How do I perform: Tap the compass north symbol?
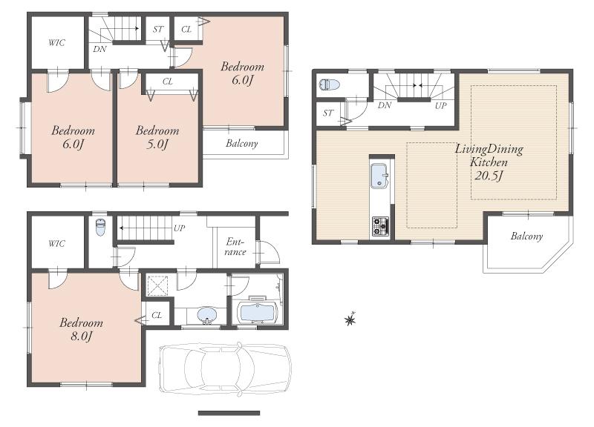(x=350, y=320)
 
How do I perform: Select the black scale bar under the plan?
(x=229, y=413)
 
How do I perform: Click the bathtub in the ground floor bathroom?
(x=257, y=312)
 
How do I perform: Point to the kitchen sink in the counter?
(x=379, y=176)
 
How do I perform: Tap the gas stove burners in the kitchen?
(x=380, y=226)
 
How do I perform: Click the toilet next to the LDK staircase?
(x=329, y=85)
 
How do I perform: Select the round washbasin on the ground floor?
(x=206, y=316)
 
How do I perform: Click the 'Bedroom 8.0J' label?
(x=82, y=329)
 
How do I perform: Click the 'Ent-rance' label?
(x=235, y=247)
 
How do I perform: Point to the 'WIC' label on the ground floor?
(x=57, y=243)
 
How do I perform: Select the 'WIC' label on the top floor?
(x=56, y=43)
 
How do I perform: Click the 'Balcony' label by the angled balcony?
(x=526, y=236)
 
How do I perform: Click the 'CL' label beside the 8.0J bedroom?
(x=157, y=315)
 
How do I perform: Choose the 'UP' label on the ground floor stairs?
(x=179, y=228)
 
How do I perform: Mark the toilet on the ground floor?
(x=100, y=228)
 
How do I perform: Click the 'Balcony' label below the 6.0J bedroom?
(x=241, y=143)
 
